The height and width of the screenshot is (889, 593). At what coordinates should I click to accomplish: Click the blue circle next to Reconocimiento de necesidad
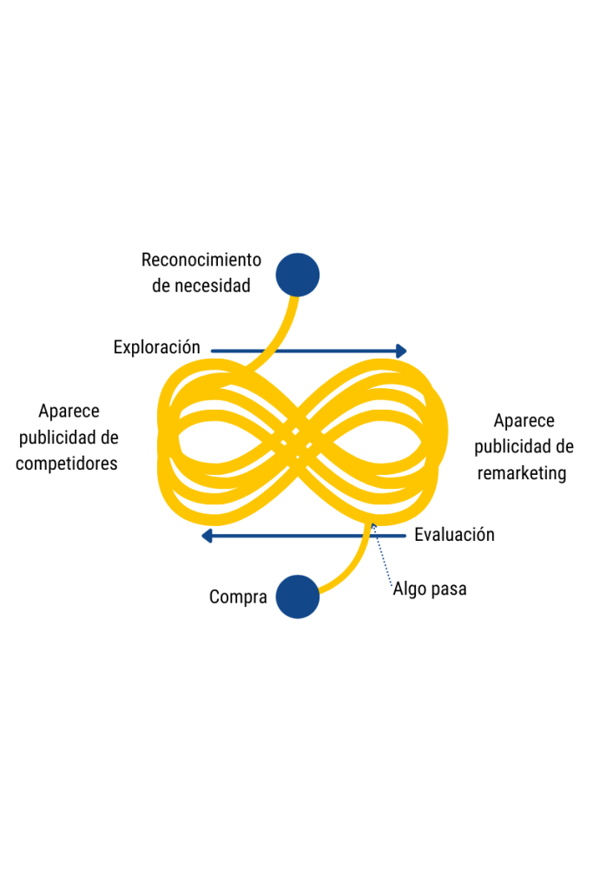click(298, 275)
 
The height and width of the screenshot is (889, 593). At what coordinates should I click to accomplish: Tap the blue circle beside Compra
click(298, 596)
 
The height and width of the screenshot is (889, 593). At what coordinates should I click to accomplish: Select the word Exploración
click(157, 347)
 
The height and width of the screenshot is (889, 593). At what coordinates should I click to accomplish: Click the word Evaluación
click(454, 535)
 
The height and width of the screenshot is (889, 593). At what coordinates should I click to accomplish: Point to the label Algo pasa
click(430, 589)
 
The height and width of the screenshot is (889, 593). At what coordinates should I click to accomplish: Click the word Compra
click(238, 597)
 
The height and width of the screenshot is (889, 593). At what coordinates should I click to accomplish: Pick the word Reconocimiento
click(201, 260)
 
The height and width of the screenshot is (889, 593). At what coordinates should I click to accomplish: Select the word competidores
click(67, 464)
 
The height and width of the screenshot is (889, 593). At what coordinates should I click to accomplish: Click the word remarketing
click(522, 473)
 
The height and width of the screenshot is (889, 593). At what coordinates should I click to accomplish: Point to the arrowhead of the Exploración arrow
click(401, 351)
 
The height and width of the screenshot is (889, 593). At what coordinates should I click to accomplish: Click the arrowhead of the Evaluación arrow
click(207, 536)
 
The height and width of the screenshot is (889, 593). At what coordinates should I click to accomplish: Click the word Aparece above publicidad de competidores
click(69, 412)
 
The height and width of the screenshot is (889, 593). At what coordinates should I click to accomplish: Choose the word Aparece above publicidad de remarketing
click(524, 421)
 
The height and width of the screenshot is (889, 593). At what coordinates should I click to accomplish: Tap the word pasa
click(449, 589)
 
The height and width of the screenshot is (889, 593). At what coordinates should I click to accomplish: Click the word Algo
click(410, 589)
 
